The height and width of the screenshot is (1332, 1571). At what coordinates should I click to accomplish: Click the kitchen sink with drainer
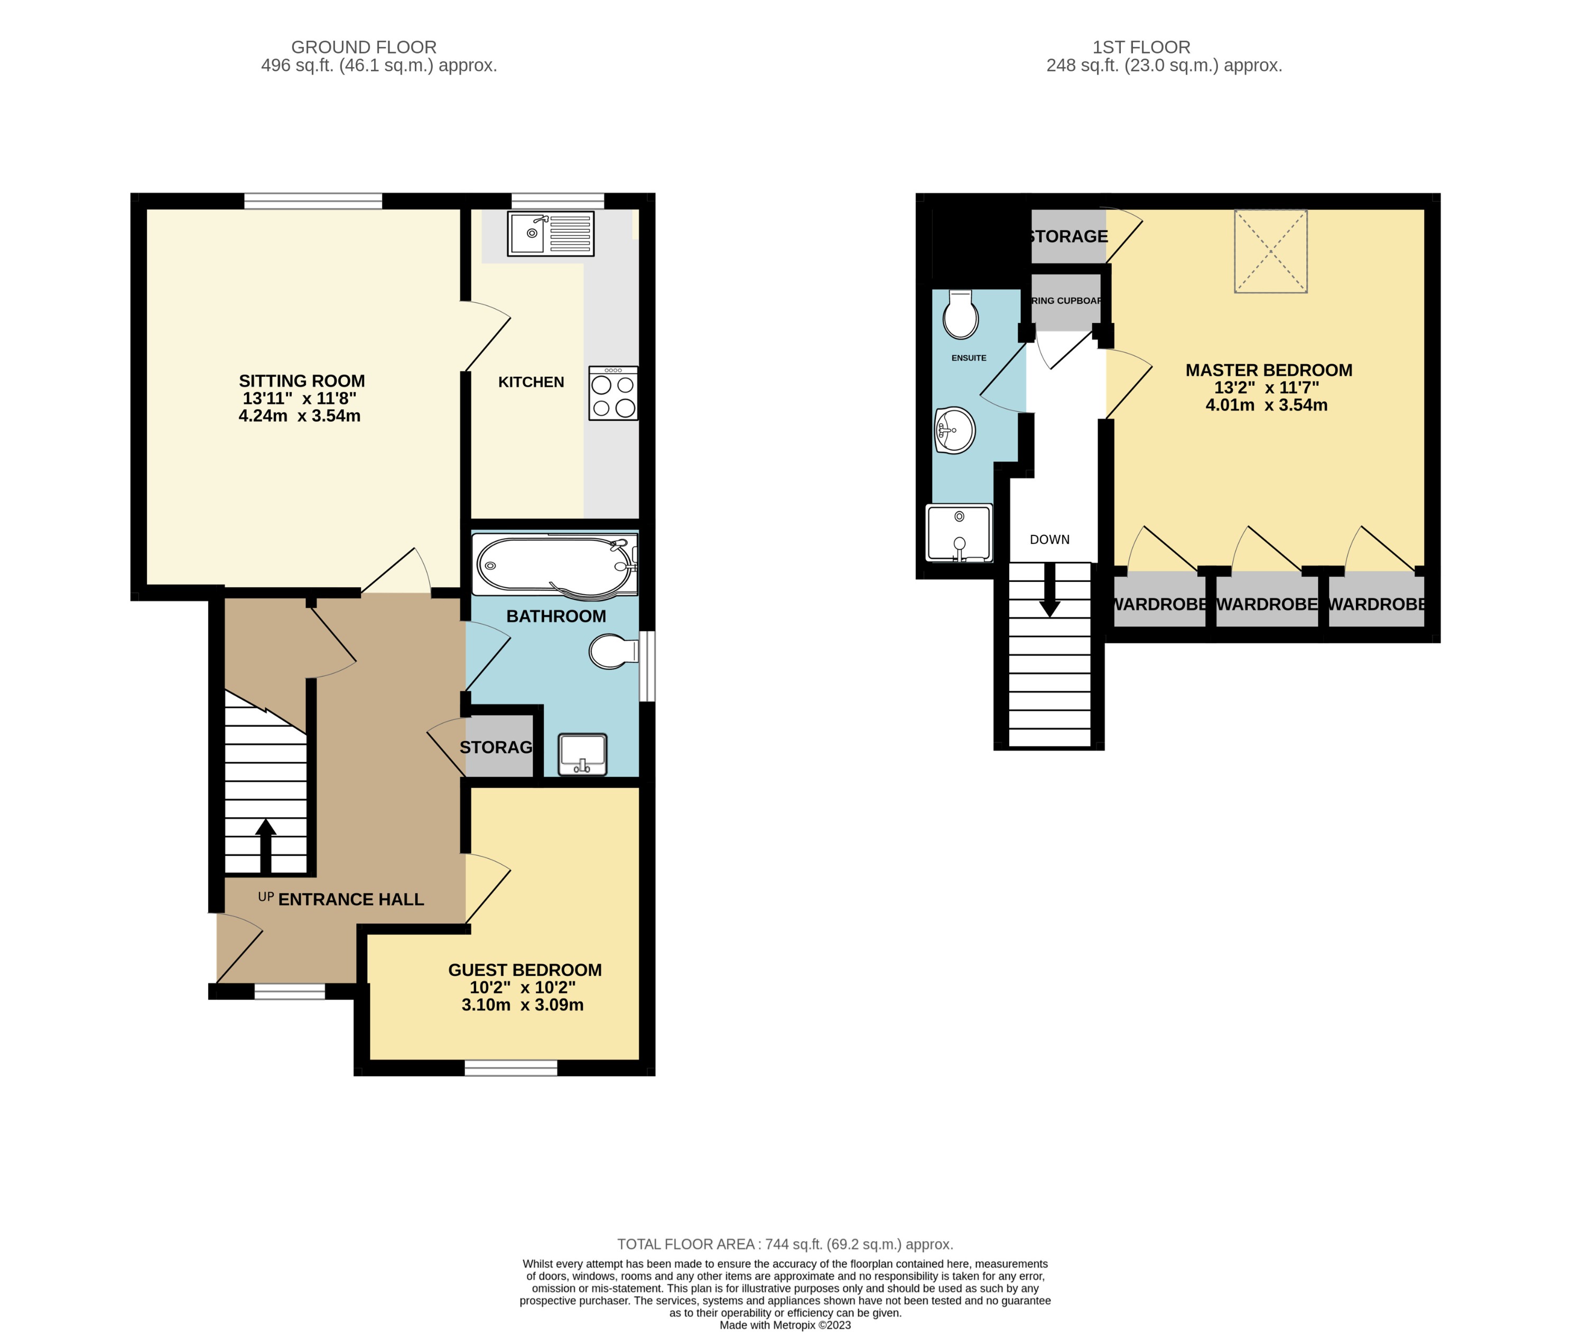pos(550,233)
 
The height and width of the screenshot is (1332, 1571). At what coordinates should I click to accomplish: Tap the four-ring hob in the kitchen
pos(613,393)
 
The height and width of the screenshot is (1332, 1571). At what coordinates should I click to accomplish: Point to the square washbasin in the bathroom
pos(582,754)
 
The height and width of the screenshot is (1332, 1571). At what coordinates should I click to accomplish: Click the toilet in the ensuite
pos(960,315)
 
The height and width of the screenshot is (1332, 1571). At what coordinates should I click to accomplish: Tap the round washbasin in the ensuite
pos(954,430)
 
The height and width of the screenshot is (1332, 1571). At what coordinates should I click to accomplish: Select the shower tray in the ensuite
pos(959,533)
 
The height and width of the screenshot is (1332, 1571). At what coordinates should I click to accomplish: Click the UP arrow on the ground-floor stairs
pos(266,844)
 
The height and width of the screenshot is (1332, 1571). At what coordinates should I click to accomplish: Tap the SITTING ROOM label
pos(301,381)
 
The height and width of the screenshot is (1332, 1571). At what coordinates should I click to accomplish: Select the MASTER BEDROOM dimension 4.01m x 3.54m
pos(1266,405)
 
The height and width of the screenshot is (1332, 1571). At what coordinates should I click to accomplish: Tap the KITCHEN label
pos(531,382)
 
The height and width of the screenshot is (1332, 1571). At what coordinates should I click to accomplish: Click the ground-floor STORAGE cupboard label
pos(497,747)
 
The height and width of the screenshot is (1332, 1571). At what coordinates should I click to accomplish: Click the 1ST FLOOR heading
pos(1141,47)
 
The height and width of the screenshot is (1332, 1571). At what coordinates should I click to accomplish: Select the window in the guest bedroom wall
pos(510,1067)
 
